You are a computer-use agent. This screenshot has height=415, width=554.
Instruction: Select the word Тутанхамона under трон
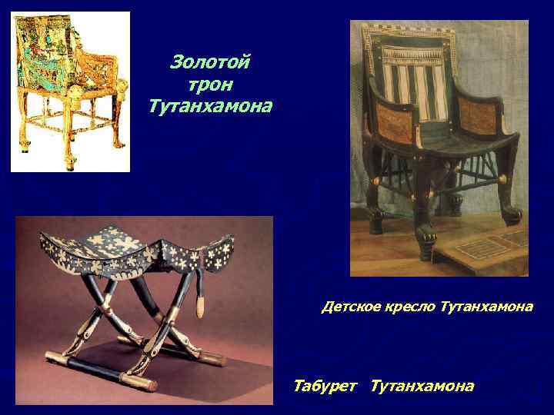pyautogui.click(x=210, y=105)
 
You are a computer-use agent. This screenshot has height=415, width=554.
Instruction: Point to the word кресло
pyautogui.click(x=412, y=307)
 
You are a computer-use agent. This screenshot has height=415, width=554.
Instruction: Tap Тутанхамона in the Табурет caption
pyautogui.click(x=422, y=386)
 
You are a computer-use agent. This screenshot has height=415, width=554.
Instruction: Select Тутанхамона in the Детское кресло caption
pyautogui.click(x=487, y=307)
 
